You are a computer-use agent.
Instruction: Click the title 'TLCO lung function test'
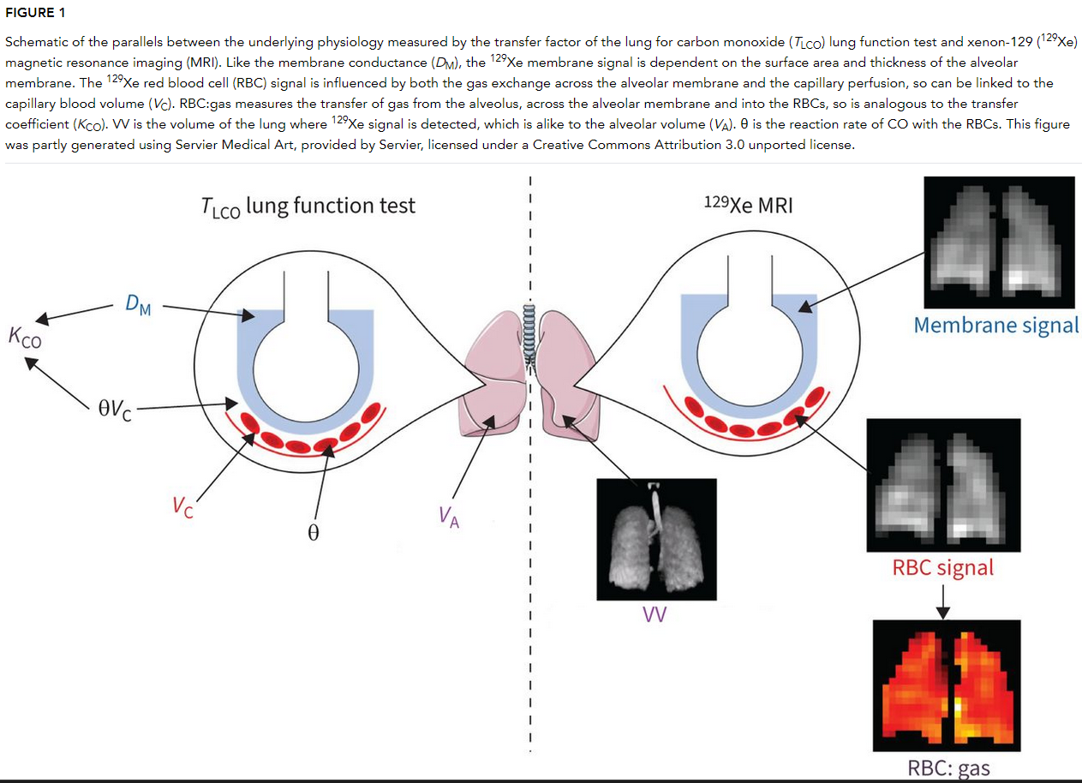coord(308,206)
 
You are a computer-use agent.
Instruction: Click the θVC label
coord(114,409)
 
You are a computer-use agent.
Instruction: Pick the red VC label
coord(182,507)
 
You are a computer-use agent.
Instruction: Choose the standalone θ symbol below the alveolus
coord(313,533)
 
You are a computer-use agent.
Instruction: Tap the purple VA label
coord(449,517)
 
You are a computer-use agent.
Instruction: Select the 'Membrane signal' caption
coord(995,326)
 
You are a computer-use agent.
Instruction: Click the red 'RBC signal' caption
coord(943,567)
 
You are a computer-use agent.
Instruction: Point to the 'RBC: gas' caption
coord(948,768)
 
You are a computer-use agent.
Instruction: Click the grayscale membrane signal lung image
coord(999,242)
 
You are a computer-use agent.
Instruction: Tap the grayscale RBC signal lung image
coord(943,484)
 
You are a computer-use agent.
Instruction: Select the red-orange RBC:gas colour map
coord(947,684)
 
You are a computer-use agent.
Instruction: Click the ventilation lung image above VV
coord(655,539)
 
